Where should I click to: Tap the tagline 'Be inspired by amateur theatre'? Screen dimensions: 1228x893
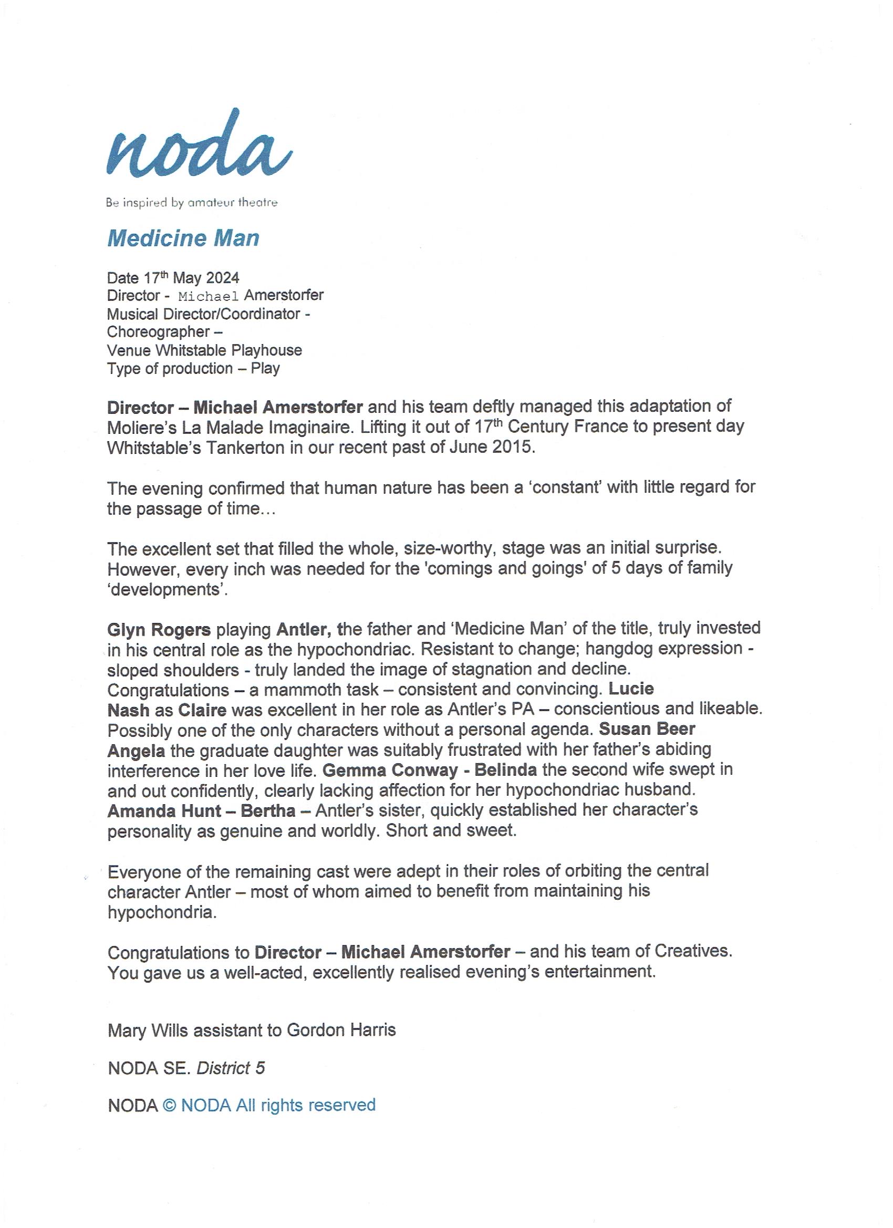pyautogui.click(x=192, y=203)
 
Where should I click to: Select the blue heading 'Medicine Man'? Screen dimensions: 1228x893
pyautogui.click(x=183, y=238)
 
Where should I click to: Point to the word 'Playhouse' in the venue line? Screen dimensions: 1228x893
pyautogui.click(x=266, y=350)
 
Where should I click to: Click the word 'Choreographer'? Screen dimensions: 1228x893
pyautogui.click(x=158, y=332)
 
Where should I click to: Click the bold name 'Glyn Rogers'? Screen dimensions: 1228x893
pyautogui.click(x=159, y=630)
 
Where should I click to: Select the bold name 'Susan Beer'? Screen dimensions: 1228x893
pyautogui.click(x=647, y=730)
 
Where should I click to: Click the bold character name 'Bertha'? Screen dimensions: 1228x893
pyautogui.click(x=268, y=810)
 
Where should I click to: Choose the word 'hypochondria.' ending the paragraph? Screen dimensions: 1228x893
pyautogui.click(x=162, y=912)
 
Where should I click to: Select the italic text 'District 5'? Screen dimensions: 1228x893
pyautogui.click(x=231, y=1068)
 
